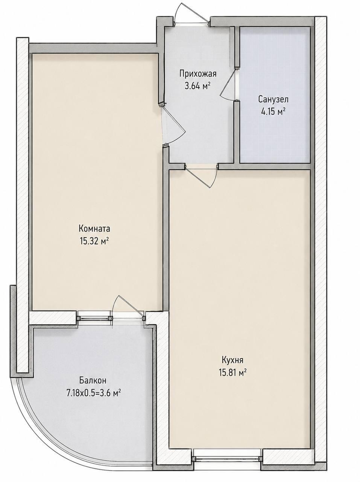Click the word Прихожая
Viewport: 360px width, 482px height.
click(198, 74)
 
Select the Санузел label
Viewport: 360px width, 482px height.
click(273, 99)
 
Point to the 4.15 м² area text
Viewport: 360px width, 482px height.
click(273, 112)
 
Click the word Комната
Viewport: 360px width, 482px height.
click(94, 229)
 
